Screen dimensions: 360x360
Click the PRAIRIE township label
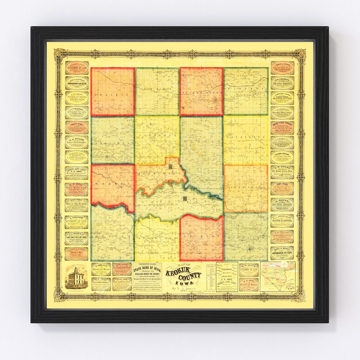(x=112, y=95)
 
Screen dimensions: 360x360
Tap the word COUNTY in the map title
(x=191, y=276)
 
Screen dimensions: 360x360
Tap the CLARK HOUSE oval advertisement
(x=282, y=157)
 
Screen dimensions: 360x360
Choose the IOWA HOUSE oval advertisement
(x=282, y=188)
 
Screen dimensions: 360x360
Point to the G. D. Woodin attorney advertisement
(x=77, y=222)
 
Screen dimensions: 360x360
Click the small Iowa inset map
(x=278, y=276)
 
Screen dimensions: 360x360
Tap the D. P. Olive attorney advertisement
(x=249, y=270)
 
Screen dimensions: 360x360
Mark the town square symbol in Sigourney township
(x=170, y=167)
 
